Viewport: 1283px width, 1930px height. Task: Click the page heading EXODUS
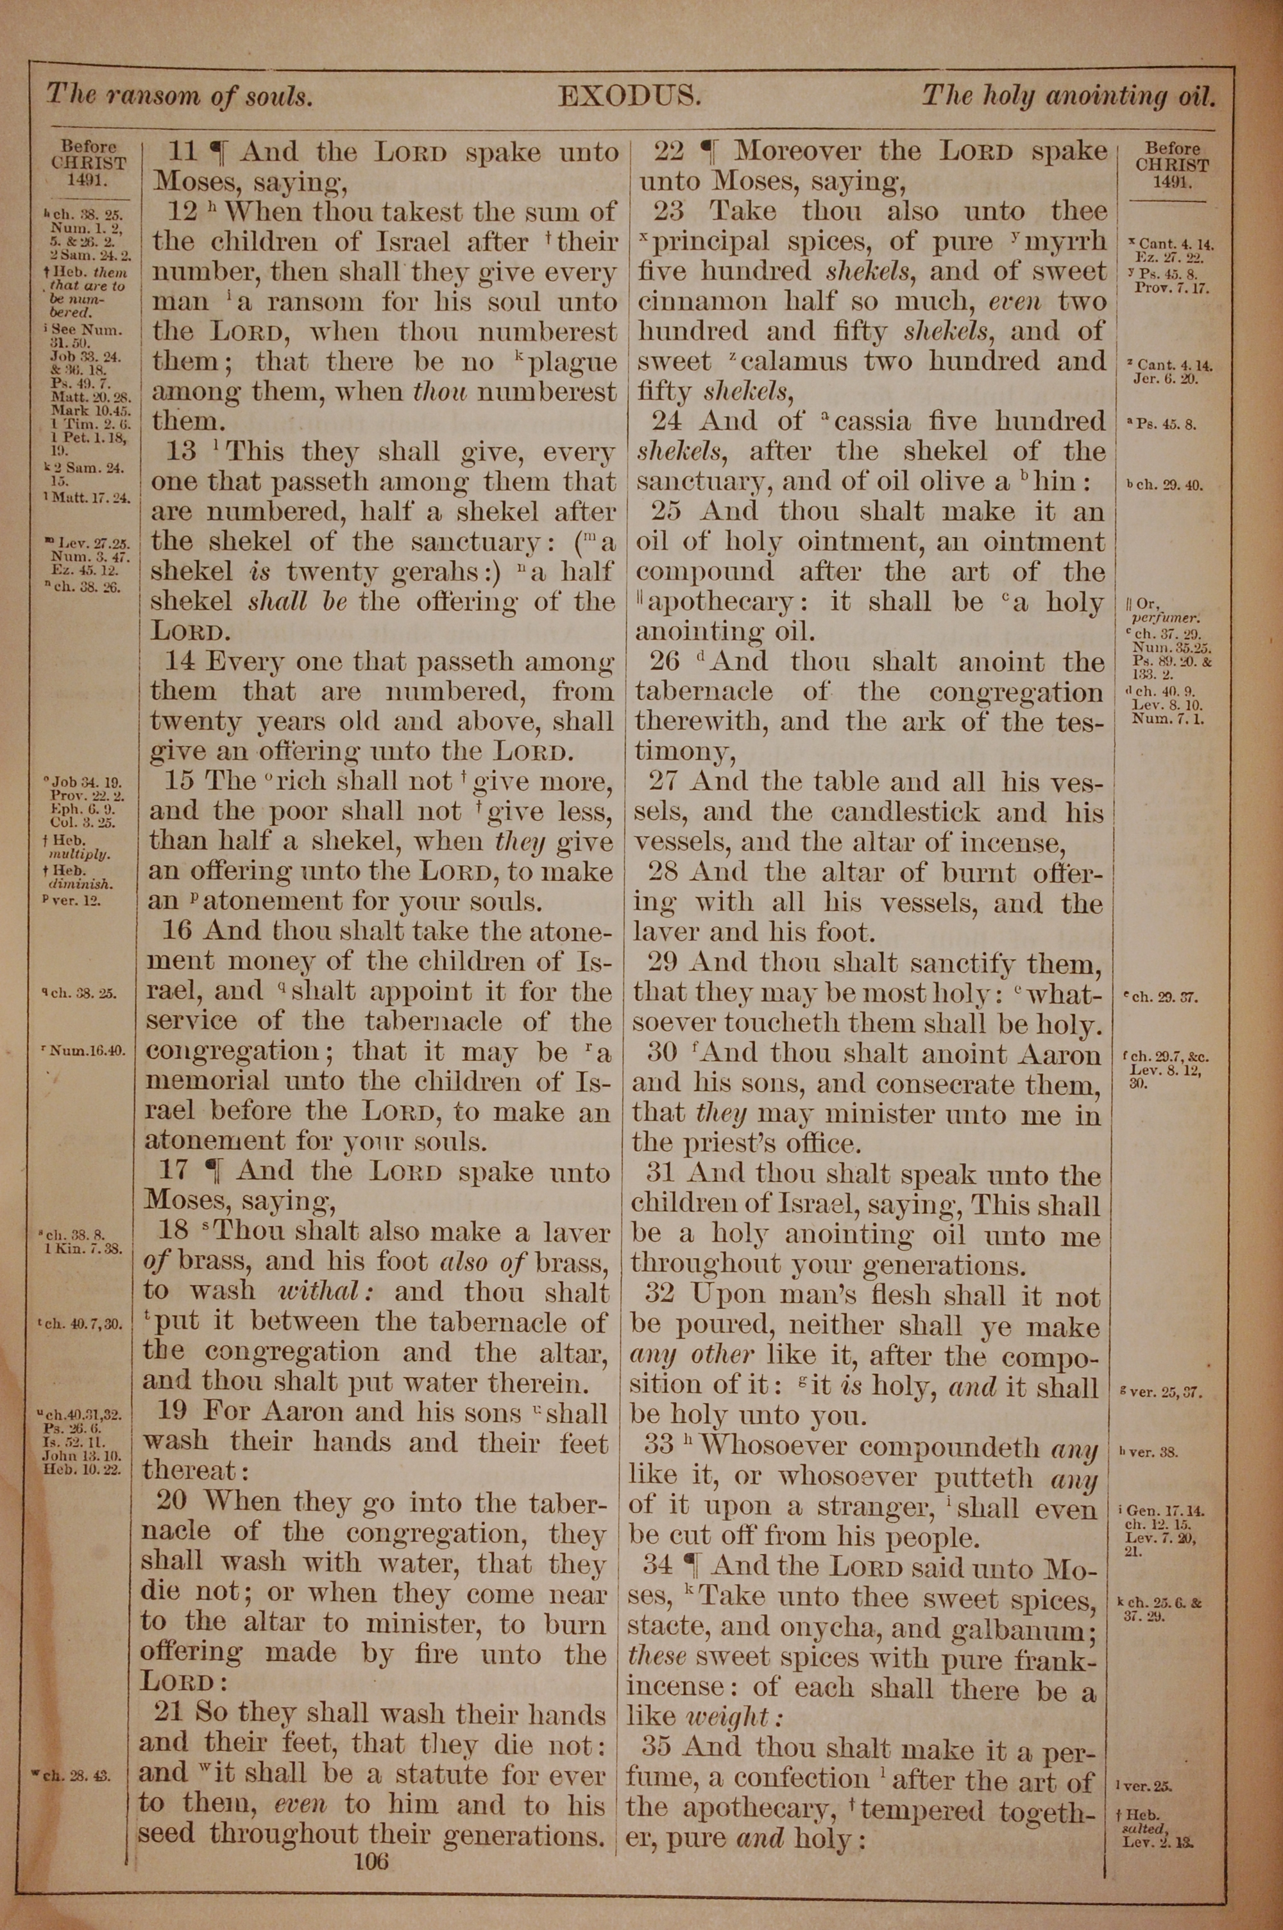[x=629, y=98]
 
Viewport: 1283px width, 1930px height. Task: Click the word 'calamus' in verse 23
[x=784, y=361]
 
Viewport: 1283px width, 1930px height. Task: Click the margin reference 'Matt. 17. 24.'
[x=92, y=497]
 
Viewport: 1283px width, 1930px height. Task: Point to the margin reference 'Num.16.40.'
[x=89, y=1050]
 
